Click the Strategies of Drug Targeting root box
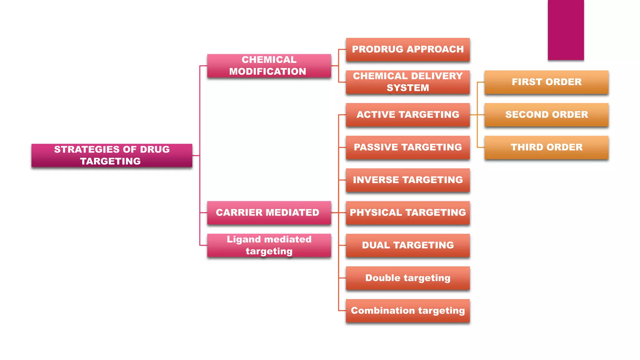pyautogui.click(x=112, y=155)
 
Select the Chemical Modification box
pyautogui.click(x=269, y=66)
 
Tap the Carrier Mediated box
pyautogui.click(x=269, y=212)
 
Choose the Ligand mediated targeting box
pyautogui.click(x=269, y=245)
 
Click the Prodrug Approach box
pyautogui.click(x=407, y=49)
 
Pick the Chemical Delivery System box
pyautogui.click(x=407, y=82)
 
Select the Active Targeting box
pyautogui.click(x=407, y=115)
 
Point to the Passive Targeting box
pyautogui.click(x=407, y=147)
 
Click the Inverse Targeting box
pyautogui.click(x=407, y=180)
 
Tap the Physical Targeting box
pyautogui.click(x=407, y=212)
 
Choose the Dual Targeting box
pyautogui.click(x=407, y=245)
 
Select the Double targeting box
pyautogui.click(x=407, y=278)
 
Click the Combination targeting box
pyautogui.click(x=407, y=311)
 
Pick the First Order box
pyautogui.click(x=546, y=82)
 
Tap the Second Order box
pyautogui.click(x=546, y=115)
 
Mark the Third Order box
pyautogui.click(x=546, y=147)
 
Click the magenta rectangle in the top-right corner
pyautogui.click(x=566, y=30)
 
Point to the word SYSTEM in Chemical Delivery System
pyautogui.click(x=407, y=88)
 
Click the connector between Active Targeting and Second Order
pyautogui.click(x=477, y=115)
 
